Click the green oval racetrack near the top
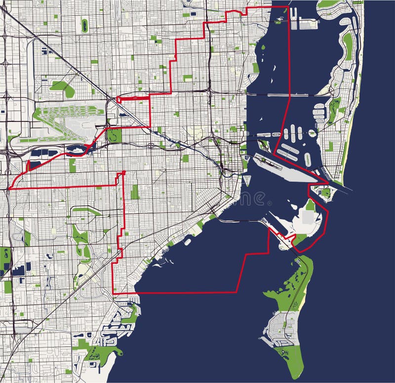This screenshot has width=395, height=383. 84,24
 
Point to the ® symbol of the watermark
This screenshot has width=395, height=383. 269,203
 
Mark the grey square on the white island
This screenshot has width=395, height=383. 309,217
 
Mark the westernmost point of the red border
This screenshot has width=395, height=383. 9,189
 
